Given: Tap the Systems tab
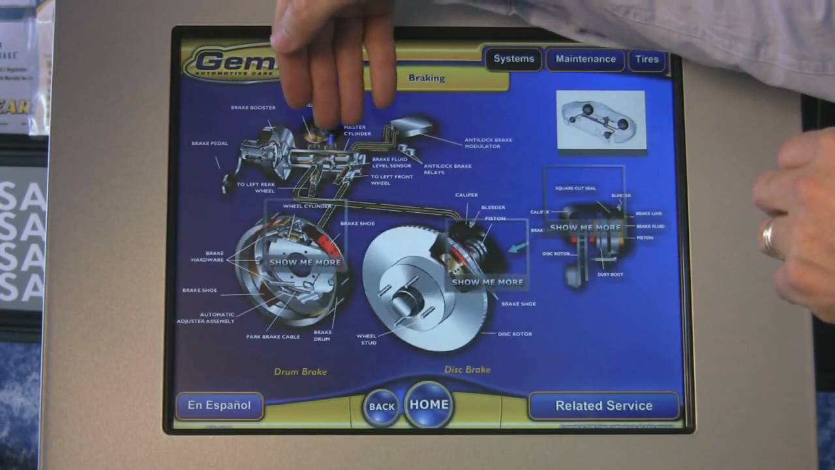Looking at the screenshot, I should coord(513,59).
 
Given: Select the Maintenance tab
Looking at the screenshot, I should coord(585,59).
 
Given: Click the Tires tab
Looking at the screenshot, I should coord(646,59).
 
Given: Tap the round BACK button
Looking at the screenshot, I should coord(382,406).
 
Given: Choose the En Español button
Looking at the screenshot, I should coord(219,405).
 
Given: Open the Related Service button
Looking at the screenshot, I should coord(603,405).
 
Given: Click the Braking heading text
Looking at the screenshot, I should coord(427,78).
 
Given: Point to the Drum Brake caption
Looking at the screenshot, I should coord(300,371).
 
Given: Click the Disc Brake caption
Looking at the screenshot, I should coord(467,369).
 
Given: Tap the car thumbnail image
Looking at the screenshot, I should coord(600,121).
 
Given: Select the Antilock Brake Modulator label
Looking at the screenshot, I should coord(488,143).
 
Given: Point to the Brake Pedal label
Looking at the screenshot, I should coord(209,144).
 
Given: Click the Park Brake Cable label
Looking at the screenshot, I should coord(273,337).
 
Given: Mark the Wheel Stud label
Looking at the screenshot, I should coord(366,339).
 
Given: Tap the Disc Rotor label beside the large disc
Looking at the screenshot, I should coord(515,334).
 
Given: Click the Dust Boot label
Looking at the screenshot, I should coord(610,274).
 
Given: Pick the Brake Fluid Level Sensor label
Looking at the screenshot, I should coord(391,163).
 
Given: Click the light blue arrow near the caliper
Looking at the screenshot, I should coord(519,247).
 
